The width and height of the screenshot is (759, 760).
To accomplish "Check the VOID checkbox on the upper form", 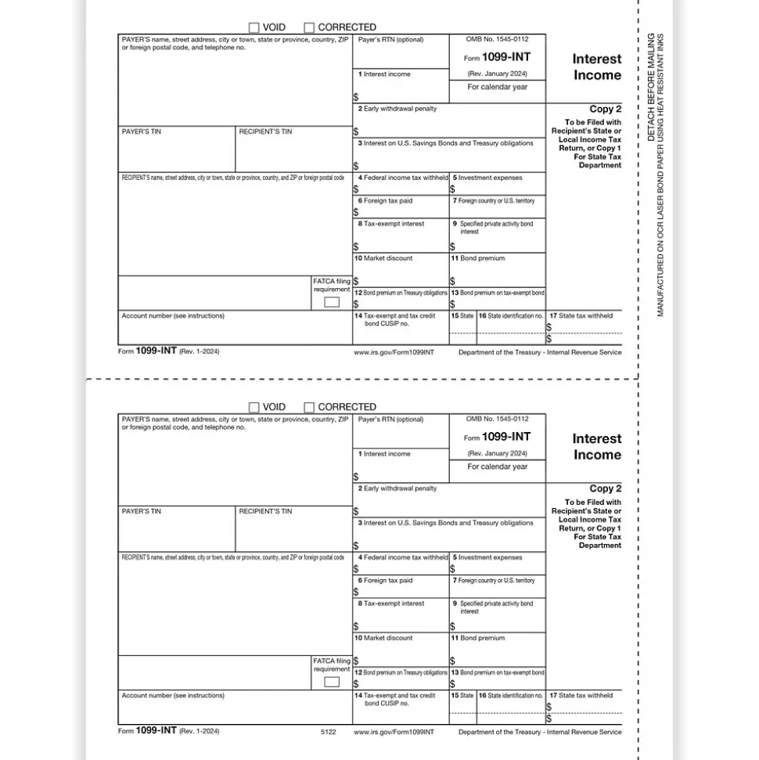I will (254, 27).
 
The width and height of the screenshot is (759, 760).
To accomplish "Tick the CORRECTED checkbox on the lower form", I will (309, 407).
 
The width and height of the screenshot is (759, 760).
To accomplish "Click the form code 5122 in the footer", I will (328, 732).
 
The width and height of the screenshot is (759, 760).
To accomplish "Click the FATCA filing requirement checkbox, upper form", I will (332, 302).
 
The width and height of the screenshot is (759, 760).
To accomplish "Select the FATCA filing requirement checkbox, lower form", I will (332, 682).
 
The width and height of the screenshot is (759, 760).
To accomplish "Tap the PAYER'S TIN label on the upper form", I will (142, 131).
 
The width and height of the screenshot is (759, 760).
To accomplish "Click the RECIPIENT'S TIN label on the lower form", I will (265, 511).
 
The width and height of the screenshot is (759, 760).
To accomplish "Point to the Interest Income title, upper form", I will (596, 67).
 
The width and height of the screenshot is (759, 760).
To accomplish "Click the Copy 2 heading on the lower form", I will (606, 488).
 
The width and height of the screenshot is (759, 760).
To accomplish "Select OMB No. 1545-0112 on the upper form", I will (497, 39).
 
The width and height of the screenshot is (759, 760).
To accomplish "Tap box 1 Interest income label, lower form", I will (384, 454).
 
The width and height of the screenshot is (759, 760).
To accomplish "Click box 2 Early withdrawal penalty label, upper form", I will (397, 109).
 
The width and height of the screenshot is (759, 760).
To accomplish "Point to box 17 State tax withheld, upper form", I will (581, 316).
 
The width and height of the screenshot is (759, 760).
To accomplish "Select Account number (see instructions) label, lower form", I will (173, 696).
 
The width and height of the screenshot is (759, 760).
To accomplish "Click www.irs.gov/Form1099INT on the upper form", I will (394, 352).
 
